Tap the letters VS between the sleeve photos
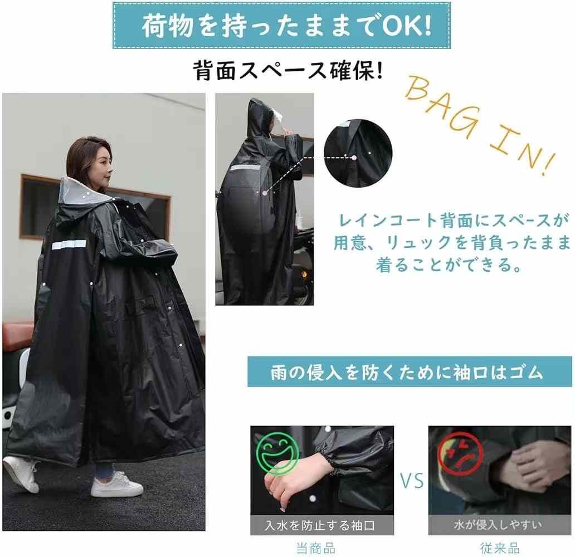click(411, 481)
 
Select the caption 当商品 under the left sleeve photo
click(316, 549)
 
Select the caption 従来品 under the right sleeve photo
click(500, 548)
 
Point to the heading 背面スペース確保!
click(288, 70)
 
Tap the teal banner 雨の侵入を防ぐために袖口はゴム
click(410, 372)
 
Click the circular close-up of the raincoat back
click(358, 153)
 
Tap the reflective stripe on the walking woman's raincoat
click(69, 245)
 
